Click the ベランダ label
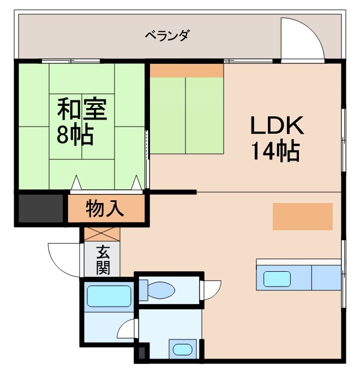[x=167, y=36]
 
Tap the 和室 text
[x=82, y=109]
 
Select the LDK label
[x=276, y=127]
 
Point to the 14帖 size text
[x=275, y=151]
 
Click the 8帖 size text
[x=75, y=134]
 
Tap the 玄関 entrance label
[x=103, y=260]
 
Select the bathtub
[x=109, y=296]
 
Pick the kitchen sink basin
[x=278, y=278]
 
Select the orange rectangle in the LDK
[x=302, y=216]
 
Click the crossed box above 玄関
[x=102, y=234]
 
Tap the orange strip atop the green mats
[x=186, y=70]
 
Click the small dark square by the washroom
[x=142, y=353]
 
